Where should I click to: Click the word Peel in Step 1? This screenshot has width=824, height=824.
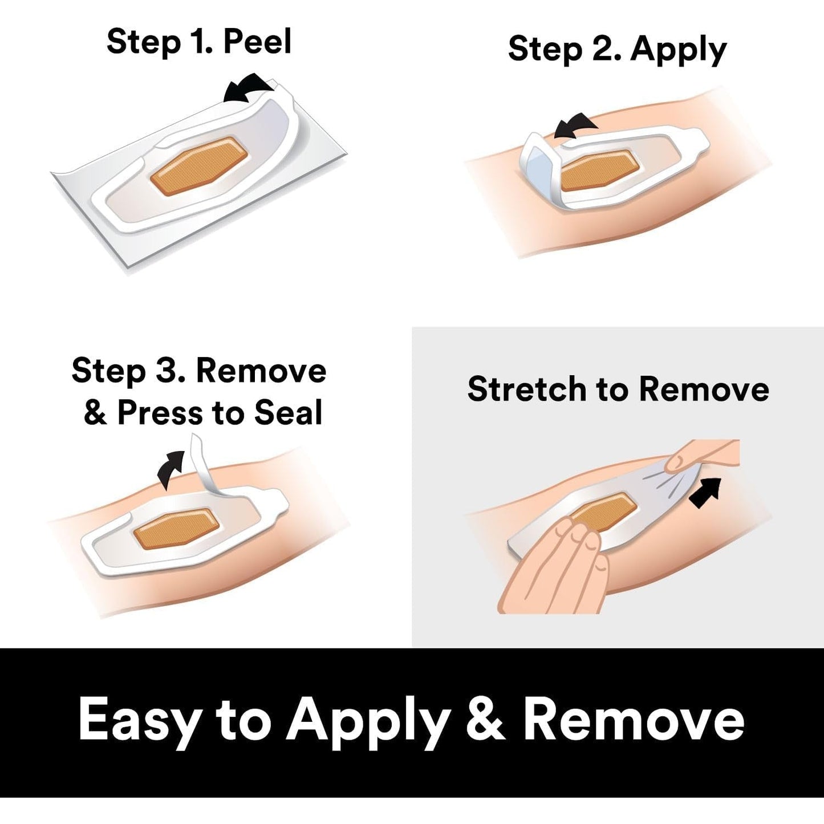click(257, 42)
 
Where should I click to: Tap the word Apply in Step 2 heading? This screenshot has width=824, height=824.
click(679, 50)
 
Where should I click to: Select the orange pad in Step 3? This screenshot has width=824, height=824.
click(177, 525)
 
